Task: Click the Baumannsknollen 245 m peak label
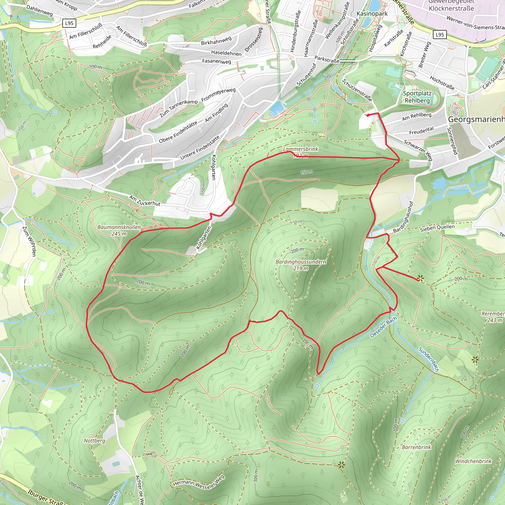tap(119, 230)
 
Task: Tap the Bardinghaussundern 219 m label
tap(301, 265)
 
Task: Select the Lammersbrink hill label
tap(300, 149)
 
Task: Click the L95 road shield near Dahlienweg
tap(69, 23)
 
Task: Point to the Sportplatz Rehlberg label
tap(417, 97)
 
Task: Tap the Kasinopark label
tap(372, 14)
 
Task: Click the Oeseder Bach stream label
tap(383, 327)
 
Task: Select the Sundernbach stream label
tap(428, 359)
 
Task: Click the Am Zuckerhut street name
tap(144, 201)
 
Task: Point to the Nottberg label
tap(94, 440)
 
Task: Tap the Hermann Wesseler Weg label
tap(199, 482)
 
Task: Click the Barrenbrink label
tap(416, 447)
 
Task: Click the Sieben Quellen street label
tap(437, 228)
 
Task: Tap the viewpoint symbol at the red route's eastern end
tap(420, 278)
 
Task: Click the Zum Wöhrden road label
tap(29, 241)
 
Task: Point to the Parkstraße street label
tap(327, 59)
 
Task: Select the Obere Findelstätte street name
tap(178, 132)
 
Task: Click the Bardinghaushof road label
tap(404, 217)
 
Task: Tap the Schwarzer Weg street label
tap(418, 150)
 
